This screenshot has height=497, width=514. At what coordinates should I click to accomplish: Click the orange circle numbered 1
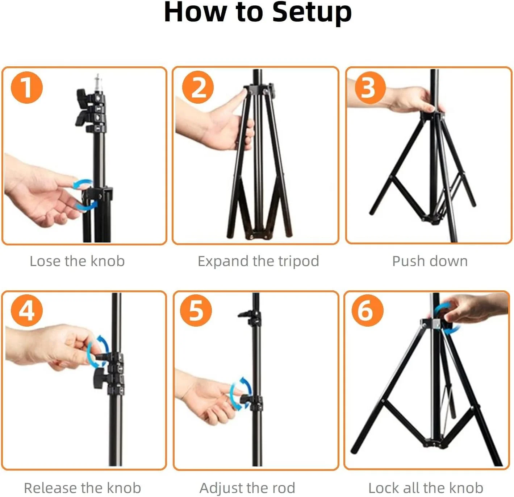click(27, 87)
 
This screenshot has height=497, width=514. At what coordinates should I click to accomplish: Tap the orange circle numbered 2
click(198, 87)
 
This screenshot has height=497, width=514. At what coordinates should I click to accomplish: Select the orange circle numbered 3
click(370, 87)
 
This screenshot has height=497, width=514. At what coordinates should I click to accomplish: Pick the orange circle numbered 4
click(27, 310)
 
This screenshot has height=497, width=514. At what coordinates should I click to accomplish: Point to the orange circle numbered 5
click(196, 310)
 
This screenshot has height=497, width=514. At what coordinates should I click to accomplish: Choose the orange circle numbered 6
click(367, 310)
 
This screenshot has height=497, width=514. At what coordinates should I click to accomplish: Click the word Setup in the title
click(312, 12)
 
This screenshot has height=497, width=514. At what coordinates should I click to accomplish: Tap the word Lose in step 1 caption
click(45, 261)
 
